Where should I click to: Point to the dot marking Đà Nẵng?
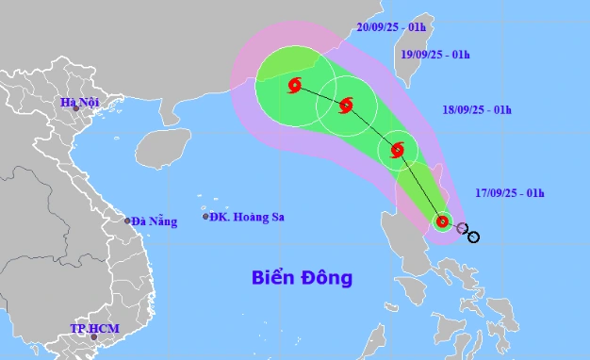(x=128, y=221)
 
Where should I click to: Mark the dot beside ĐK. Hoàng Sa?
(x=205, y=217)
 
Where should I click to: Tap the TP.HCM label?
(x=91, y=328)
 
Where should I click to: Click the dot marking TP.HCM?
(x=93, y=336)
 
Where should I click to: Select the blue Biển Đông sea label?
(x=302, y=277)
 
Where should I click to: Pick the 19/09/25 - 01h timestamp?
(x=434, y=56)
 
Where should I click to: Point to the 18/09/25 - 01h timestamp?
(x=477, y=110)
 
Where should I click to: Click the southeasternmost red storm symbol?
(x=442, y=222)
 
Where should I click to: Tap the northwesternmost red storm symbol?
(x=294, y=86)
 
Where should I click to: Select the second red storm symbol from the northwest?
(x=346, y=105)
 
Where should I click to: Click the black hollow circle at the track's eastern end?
(x=473, y=237)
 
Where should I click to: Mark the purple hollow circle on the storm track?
(x=462, y=228)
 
